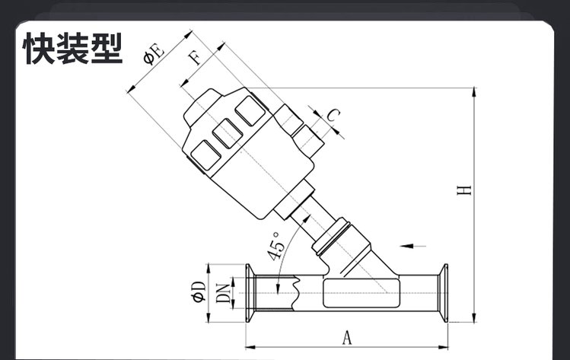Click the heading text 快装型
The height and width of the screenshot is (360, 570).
coord(73,49)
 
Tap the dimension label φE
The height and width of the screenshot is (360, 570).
coord(154,54)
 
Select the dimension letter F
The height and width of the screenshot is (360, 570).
coord(196,58)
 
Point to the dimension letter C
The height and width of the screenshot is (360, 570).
coord(333,115)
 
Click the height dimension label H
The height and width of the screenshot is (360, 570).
coord(464,190)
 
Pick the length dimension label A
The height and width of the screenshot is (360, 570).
coord(347,337)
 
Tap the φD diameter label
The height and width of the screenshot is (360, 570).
coord(199,292)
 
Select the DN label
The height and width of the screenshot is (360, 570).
coord(223,293)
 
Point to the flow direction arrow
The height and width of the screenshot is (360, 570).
coord(412,246)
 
